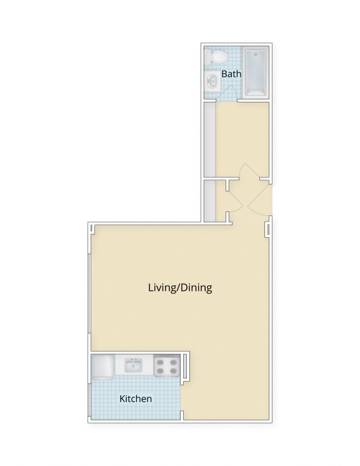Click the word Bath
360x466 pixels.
tap(231, 74)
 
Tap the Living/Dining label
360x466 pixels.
tap(180, 288)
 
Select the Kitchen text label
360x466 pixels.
tap(136, 398)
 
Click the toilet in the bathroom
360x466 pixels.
tap(218, 58)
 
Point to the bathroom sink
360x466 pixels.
tap(212, 80)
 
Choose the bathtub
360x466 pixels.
tap(255, 72)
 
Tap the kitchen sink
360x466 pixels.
tap(133, 366)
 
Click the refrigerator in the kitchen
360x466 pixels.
tap(102, 367)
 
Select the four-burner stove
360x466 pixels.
tap(167, 366)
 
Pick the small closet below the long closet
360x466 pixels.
tap(209, 200)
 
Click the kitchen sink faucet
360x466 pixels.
tap(133, 360)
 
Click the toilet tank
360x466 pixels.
tap(218, 49)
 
